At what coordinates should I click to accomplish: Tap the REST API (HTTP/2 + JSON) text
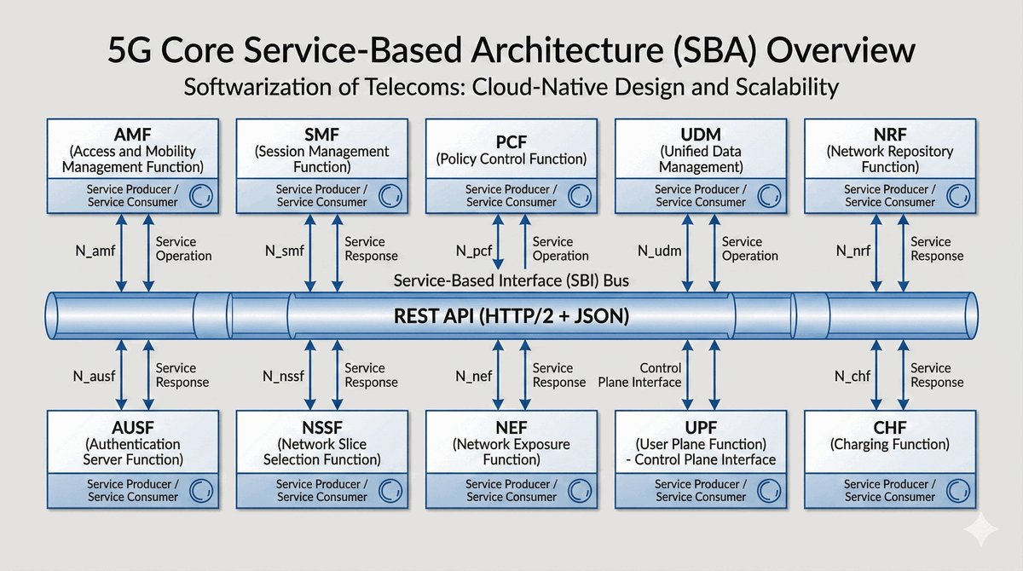coord(511,317)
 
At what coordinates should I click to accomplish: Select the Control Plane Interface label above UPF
coord(640,375)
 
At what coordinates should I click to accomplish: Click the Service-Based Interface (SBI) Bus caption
coord(511,280)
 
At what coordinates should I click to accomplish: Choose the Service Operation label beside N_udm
coord(750,249)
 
